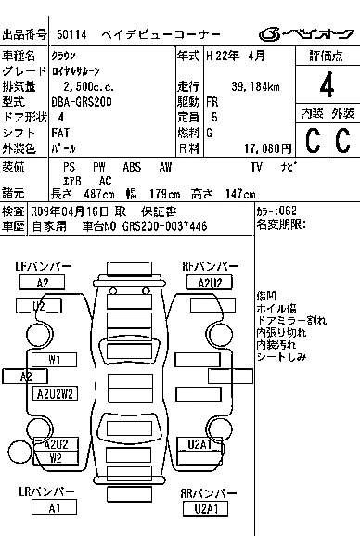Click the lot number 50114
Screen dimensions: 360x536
click(x=71, y=34)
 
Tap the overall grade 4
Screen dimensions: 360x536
click(x=327, y=84)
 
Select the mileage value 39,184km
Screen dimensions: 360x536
click(x=255, y=86)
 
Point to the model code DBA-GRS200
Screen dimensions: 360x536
click(x=82, y=102)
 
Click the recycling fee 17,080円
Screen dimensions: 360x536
click(x=268, y=148)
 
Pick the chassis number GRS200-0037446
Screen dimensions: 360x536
click(x=165, y=226)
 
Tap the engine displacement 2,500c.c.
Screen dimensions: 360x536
click(x=88, y=86)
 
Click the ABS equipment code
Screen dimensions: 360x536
click(x=132, y=167)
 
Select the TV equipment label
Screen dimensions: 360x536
click(x=256, y=167)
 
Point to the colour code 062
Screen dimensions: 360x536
click(x=288, y=211)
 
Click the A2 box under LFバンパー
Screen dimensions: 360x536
click(x=42, y=283)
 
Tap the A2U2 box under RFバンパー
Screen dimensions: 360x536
click(x=210, y=283)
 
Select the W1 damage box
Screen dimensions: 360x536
click(x=54, y=360)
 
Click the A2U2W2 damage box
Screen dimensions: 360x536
click(x=55, y=393)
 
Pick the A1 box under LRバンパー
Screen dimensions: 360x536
click(x=54, y=507)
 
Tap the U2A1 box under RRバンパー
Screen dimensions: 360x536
click(x=205, y=509)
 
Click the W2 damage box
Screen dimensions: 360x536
click(x=56, y=458)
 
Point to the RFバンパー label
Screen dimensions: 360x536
click(x=211, y=266)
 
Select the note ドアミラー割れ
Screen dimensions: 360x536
click(x=291, y=320)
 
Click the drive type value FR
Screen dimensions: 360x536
click(x=212, y=102)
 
